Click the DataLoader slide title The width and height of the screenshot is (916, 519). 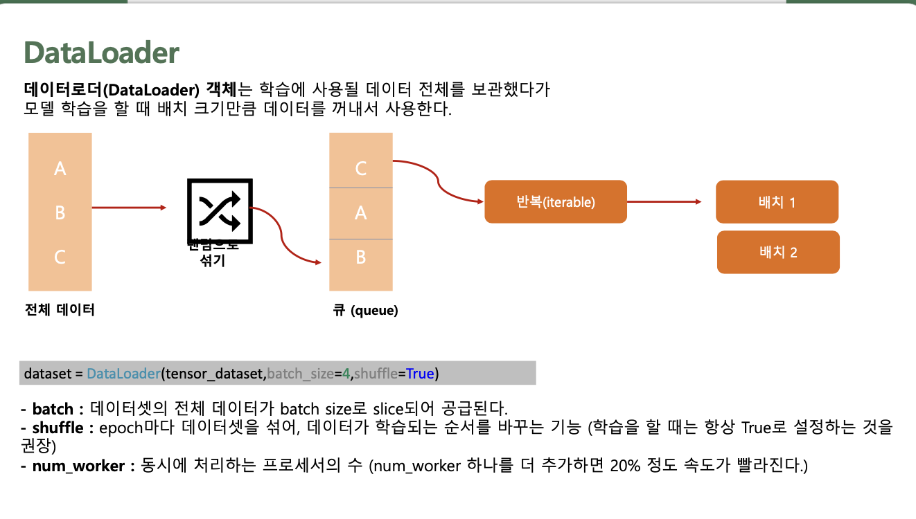[101, 53]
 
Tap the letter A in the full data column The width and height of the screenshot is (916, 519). [60, 168]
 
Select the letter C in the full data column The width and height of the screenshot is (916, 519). [60, 257]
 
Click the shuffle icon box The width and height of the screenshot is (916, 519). [220, 210]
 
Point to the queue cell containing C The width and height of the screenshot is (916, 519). [360, 168]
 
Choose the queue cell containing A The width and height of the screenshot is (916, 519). [360, 213]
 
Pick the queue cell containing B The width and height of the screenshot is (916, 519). [360, 257]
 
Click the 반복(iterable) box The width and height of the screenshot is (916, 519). [555, 202]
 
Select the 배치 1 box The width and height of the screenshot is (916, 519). [777, 202]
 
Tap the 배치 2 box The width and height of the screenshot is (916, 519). [777, 252]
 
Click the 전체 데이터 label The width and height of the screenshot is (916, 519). [60, 310]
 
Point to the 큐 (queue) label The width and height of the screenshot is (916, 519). [366, 311]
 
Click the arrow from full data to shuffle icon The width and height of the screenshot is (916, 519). [129, 207]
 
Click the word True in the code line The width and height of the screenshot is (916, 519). [420, 374]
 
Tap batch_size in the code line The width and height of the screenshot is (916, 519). [300, 374]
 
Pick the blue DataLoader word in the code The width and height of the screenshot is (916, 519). [123, 374]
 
